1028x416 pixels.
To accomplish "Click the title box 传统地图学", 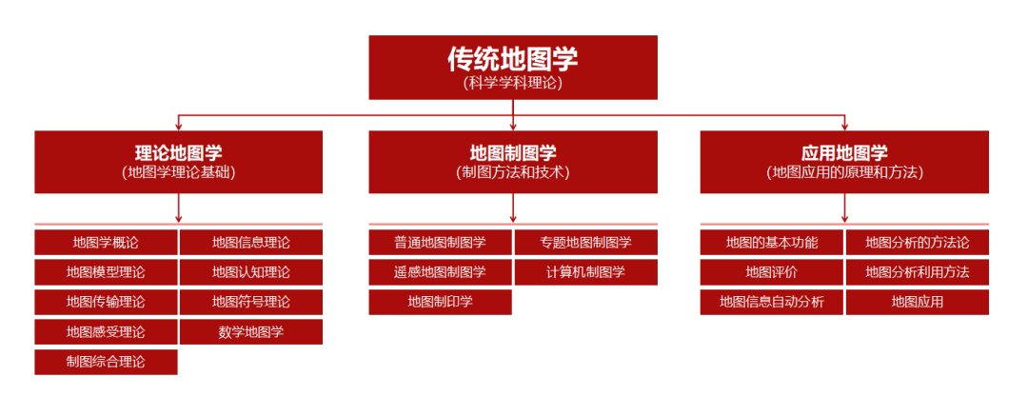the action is (x=513, y=67).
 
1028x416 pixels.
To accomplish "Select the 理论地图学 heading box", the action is (x=178, y=162).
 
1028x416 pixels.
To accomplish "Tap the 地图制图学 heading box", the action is (x=513, y=162).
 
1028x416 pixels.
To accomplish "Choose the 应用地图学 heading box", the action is (x=844, y=162).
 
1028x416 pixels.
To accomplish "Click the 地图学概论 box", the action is (x=107, y=242).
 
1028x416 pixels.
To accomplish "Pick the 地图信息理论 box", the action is (x=251, y=242).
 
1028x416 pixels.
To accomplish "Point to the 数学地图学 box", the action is (x=251, y=332).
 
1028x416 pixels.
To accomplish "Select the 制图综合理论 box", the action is (x=107, y=362).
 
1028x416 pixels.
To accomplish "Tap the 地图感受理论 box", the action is (x=107, y=332).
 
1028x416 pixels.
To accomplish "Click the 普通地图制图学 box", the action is (x=440, y=242).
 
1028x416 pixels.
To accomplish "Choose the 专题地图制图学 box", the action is (x=586, y=242).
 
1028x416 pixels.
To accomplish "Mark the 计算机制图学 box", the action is (x=586, y=272).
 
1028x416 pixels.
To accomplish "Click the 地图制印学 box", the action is (x=440, y=302).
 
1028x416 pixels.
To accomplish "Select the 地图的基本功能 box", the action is (x=772, y=242).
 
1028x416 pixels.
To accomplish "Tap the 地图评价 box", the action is (x=772, y=272).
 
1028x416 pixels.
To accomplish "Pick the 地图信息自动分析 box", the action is (x=772, y=302).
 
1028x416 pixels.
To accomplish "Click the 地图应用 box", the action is (x=918, y=302).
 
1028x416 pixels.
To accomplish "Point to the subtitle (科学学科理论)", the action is (x=513, y=84).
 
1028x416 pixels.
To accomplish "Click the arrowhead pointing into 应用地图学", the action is (x=844, y=127).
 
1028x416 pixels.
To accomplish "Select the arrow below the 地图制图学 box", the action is (x=513, y=208).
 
